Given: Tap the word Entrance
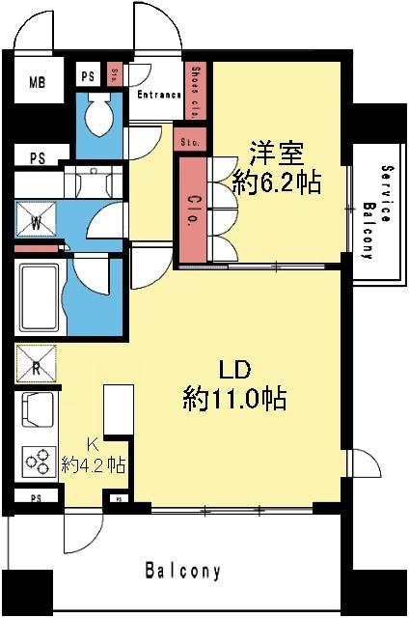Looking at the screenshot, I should tap(159, 95).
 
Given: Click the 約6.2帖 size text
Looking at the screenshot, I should tap(277, 181).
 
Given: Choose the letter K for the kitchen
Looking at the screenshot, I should tap(94, 444).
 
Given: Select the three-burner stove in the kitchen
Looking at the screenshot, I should tap(39, 462).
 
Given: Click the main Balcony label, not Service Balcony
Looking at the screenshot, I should tap(183, 571).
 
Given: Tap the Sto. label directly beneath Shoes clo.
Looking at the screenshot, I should tap(188, 142).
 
